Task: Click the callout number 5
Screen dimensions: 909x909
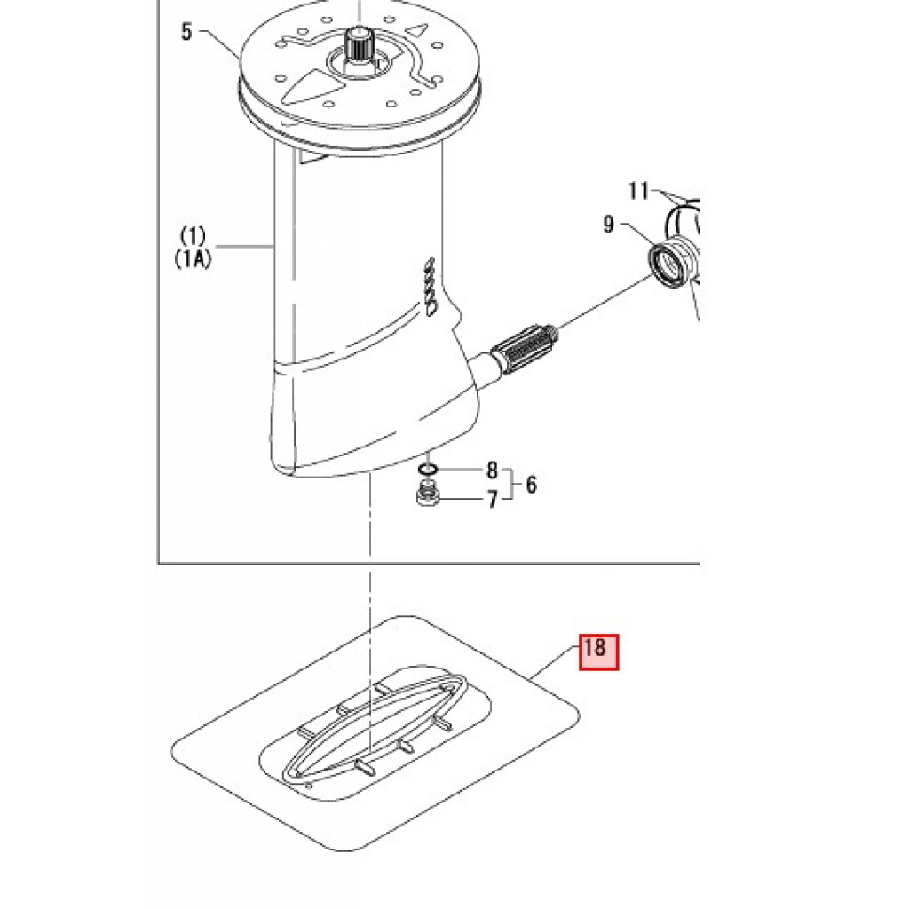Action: click(x=186, y=31)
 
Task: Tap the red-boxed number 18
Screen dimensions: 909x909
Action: click(x=599, y=652)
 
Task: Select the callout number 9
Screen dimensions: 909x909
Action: click(x=608, y=225)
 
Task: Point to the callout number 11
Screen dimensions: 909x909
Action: click(x=639, y=191)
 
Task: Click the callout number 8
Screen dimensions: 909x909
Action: click(x=492, y=470)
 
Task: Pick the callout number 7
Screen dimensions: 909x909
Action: click(x=492, y=499)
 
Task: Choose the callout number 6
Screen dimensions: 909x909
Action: click(x=531, y=484)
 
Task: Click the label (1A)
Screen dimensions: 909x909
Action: click(x=193, y=258)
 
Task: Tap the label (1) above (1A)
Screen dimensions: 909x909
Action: click(x=193, y=236)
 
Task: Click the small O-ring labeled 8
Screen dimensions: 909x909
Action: click(x=428, y=469)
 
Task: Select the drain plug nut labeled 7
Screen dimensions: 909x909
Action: click(x=429, y=496)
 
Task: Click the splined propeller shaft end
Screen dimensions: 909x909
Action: click(x=524, y=350)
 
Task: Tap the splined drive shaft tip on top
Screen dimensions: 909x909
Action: click(x=359, y=43)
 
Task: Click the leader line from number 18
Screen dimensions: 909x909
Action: click(x=556, y=663)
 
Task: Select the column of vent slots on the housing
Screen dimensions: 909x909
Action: click(x=430, y=287)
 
